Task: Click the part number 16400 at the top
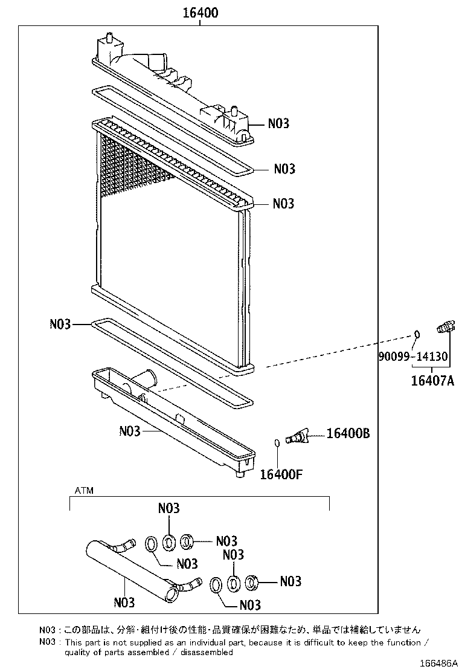(197, 13)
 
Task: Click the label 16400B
(348, 433)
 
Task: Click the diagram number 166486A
(433, 664)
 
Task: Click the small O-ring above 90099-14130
(416, 334)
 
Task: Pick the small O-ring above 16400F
(277, 444)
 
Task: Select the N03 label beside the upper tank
(278, 123)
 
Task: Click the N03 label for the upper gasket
(284, 169)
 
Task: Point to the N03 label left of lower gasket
(60, 325)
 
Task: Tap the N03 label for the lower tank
(130, 431)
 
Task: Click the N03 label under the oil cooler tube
(124, 603)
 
